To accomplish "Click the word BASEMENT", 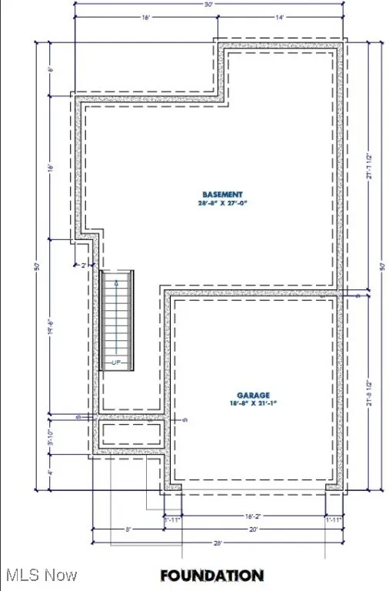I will click(222, 194).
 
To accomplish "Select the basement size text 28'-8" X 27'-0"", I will click(222, 204).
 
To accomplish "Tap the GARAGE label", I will click(254, 395).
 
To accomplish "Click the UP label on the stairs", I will click(116, 361).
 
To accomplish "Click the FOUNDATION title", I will click(211, 575).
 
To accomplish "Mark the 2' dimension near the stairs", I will click(84, 265).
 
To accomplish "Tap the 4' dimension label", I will click(50, 472).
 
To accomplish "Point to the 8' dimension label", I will click(129, 529).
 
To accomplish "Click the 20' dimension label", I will click(253, 529).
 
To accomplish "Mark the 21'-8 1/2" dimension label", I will click(371, 392).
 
